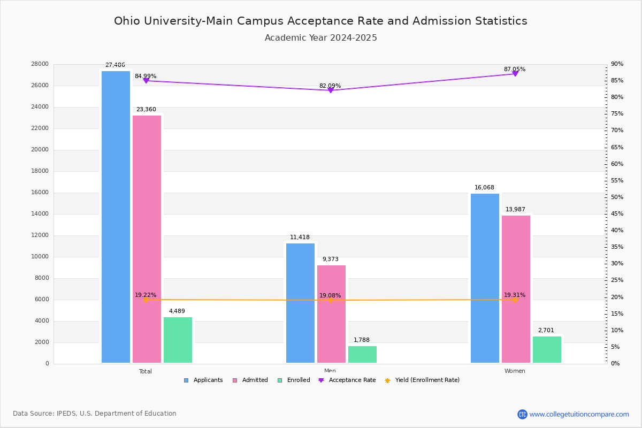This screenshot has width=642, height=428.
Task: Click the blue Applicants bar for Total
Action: pyautogui.click(x=116, y=217)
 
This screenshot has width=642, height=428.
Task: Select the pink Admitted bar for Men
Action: pyautogui.click(x=331, y=314)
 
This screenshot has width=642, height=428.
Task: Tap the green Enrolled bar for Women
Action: pyautogui.click(x=547, y=349)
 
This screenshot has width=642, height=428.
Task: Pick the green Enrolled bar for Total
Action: pyautogui.click(x=178, y=340)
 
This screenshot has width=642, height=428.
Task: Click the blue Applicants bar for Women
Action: pyautogui.click(x=485, y=278)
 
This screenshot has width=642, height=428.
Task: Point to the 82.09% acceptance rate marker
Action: pyautogui.click(x=330, y=90)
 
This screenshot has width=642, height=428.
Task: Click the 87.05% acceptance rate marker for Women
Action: pyautogui.click(x=515, y=73)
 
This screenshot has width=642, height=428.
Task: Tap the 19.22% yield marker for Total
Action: pyautogui.click(x=146, y=300)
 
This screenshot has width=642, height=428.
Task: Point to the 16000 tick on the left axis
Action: pyautogui.click(x=40, y=193)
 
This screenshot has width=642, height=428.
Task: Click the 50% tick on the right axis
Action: pyautogui.click(x=617, y=197)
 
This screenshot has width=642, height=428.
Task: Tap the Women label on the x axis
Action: pyautogui.click(x=515, y=371)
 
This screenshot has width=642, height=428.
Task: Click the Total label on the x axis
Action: pyautogui.click(x=146, y=371)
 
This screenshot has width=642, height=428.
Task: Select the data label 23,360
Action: pyautogui.click(x=146, y=110)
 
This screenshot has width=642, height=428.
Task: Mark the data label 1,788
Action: pyautogui.click(x=362, y=340)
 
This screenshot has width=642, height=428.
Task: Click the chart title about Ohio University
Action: pyautogui.click(x=320, y=21)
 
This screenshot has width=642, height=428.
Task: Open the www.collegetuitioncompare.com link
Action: pyautogui.click(x=579, y=414)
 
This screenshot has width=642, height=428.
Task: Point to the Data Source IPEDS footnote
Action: pyautogui.click(x=95, y=414)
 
